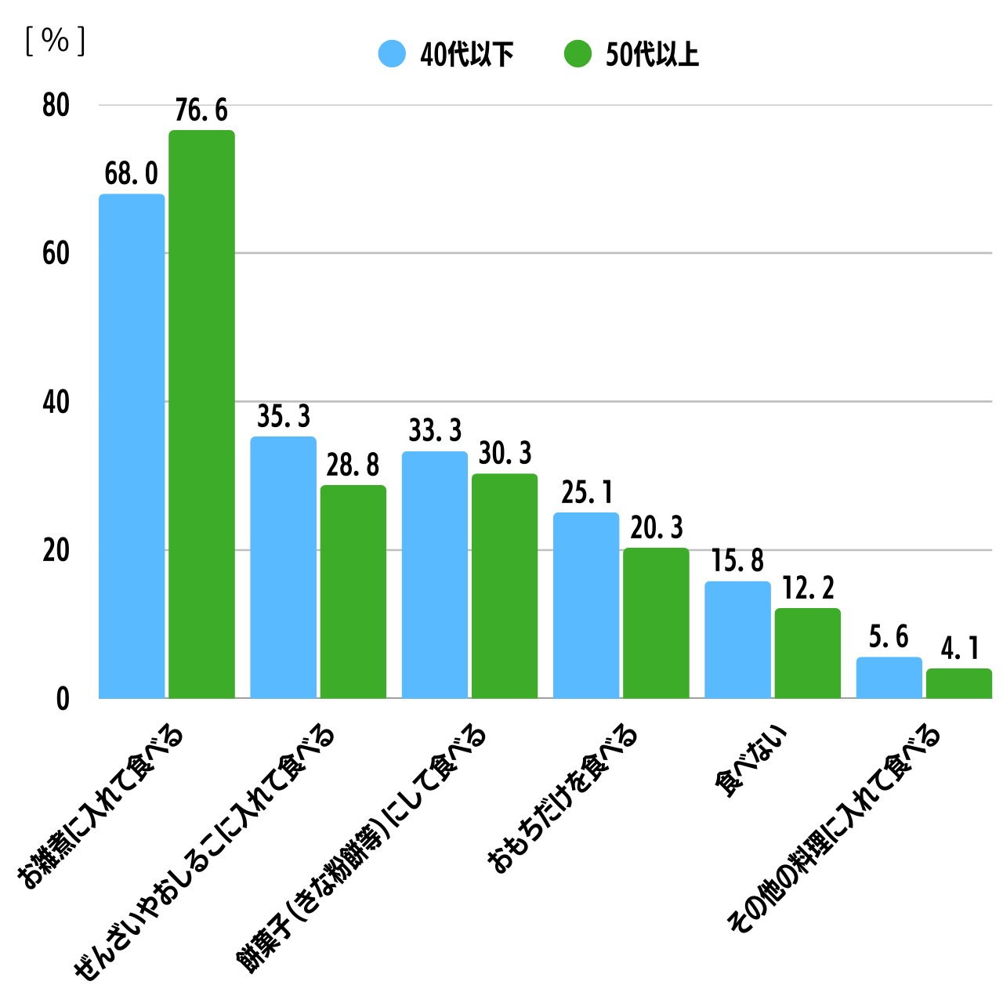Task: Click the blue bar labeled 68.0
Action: click(x=132, y=447)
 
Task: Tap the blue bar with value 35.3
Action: click(x=283, y=567)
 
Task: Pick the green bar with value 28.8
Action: click(x=353, y=592)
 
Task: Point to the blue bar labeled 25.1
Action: click(x=586, y=605)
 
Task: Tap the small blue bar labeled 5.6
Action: click(x=889, y=678)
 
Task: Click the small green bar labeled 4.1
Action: click(x=958, y=683)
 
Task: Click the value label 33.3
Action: click(x=435, y=430)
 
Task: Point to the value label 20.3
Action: click(x=657, y=527)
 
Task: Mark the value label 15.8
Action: click(x=737, y=560)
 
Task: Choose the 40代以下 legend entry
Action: click(x=447, y=54)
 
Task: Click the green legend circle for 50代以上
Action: click(x=578, y=54)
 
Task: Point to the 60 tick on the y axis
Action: click(x=56, y=253)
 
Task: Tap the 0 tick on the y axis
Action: click(x=63, y=699)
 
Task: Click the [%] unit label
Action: click(x=55, y=41)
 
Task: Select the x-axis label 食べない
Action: click(x=751, y=762)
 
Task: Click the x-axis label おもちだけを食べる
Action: click(x=563, y=799)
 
